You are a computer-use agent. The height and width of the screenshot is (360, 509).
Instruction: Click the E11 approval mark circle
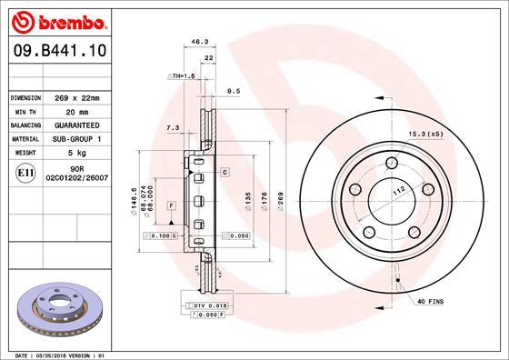click(25, 173)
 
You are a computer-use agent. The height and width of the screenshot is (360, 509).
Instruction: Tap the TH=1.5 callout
click(181, 75)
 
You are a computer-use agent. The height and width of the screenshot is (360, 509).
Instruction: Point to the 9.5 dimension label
click(233, 90)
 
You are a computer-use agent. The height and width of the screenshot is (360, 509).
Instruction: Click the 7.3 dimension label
click(173, 128)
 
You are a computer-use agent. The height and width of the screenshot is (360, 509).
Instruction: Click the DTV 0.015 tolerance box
click(208, 306)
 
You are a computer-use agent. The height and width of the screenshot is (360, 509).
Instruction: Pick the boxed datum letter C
click(223, 171)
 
